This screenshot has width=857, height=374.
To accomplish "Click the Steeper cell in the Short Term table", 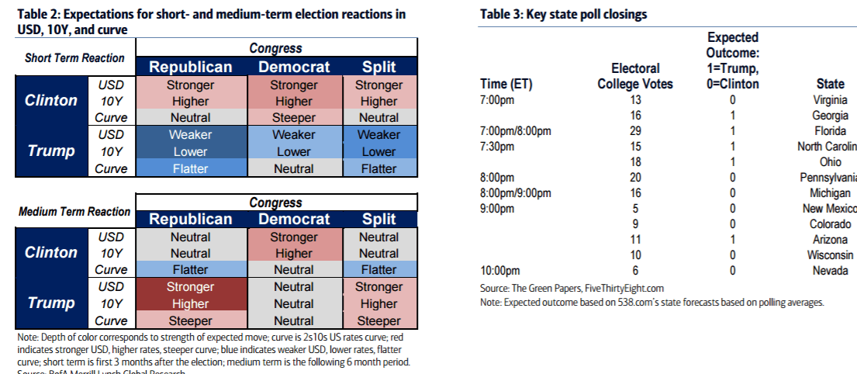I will tap(294, 118).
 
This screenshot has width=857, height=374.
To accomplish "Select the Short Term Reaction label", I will tap(74, 58).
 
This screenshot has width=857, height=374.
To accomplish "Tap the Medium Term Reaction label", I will tap(74, 212).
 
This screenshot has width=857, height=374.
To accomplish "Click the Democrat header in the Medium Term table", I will tap(294, 220).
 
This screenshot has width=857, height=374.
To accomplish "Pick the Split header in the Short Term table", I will tap(378, 68).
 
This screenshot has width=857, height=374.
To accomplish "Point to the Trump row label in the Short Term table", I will tap(51, 151).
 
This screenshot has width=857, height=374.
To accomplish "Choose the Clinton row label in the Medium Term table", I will tap(51, 253).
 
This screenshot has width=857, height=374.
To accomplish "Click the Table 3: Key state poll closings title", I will tap(563, 15).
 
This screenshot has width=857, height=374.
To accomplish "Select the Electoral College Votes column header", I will tap(635, 76).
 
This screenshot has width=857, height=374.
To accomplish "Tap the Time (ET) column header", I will tap(507, 84).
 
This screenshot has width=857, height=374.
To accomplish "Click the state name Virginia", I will tap(830, 100).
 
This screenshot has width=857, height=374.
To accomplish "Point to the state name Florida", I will tap(831, 131).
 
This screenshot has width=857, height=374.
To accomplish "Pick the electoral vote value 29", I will tap(635, 131).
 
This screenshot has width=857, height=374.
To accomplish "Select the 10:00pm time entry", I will tap(501, 271).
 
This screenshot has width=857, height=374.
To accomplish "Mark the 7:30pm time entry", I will tap(498, 147).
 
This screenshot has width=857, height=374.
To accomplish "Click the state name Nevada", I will tap(831, 271).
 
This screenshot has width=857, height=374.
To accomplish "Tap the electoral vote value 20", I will tap(635, 178).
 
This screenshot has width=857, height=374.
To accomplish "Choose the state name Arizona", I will tap(830, 240).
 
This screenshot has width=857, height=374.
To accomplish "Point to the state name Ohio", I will tap(831, 162).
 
